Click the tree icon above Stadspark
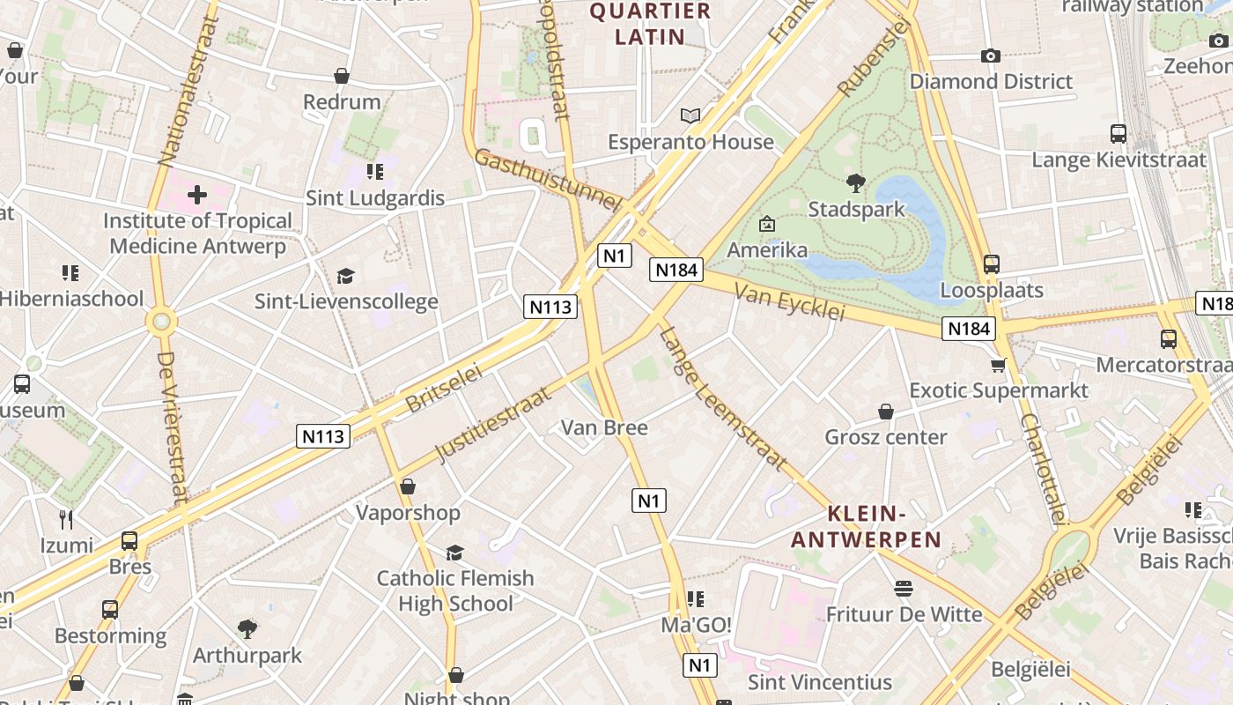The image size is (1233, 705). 854,183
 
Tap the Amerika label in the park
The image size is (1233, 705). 767,249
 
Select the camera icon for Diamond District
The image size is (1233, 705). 991,56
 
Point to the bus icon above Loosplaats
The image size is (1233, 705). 992,263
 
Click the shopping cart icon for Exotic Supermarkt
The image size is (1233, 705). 998,365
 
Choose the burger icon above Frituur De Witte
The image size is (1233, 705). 904,588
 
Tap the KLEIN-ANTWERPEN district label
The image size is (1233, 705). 867,527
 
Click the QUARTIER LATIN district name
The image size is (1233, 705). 650,24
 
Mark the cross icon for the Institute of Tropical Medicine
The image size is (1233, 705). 197,194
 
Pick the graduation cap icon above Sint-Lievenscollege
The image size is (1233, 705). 345,276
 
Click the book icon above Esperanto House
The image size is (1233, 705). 690,115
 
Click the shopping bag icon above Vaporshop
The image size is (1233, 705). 408,486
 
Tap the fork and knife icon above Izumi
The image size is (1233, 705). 66,519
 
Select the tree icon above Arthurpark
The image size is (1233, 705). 247,629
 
